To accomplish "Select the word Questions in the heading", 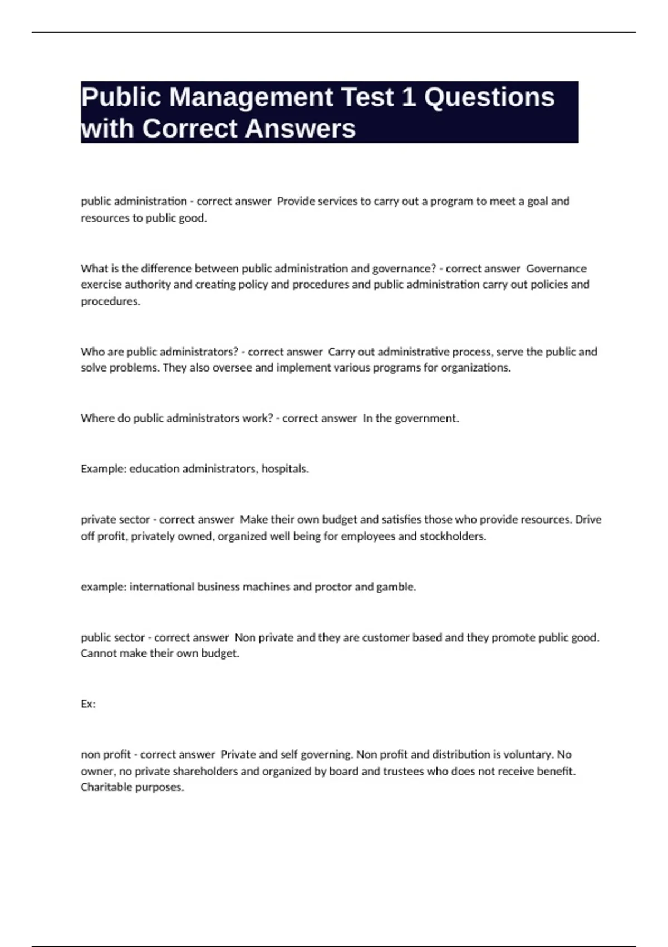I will pyautogui.click(x=489, y=97).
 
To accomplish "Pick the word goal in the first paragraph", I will pyautogui.click(x=537, y=201).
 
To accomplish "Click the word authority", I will pyautogui.click(x=147, y=285).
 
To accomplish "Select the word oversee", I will pyautogui.click(x=232, y=368).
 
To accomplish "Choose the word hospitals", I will pyautogui.click(x=285, y=469).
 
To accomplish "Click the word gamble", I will pyautogui.click(x=396, y=587).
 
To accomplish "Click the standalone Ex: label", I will pyautogui.click(x=88, y=704).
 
